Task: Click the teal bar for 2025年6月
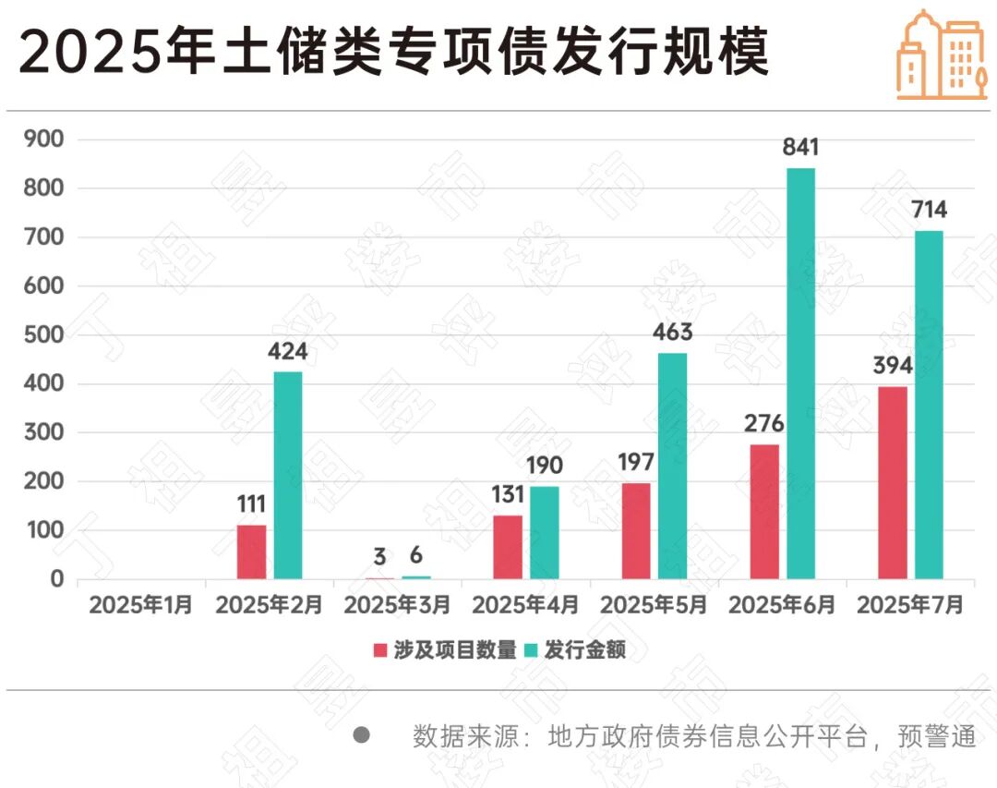point(800,373)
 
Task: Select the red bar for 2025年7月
point(892,482)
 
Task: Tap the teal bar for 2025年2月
point(288,475)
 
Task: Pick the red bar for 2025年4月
point(508,547)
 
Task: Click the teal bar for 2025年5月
point(673,466)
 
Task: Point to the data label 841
point(800,148)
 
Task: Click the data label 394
point(892,365)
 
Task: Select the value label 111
point(250,503)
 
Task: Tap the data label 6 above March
point(416,555)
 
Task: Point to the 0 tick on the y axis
point(56,579)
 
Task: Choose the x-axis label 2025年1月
point(140,606)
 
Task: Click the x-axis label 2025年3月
point(397,606)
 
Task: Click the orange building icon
point(941,55)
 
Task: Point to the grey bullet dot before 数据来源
point(362,735)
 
